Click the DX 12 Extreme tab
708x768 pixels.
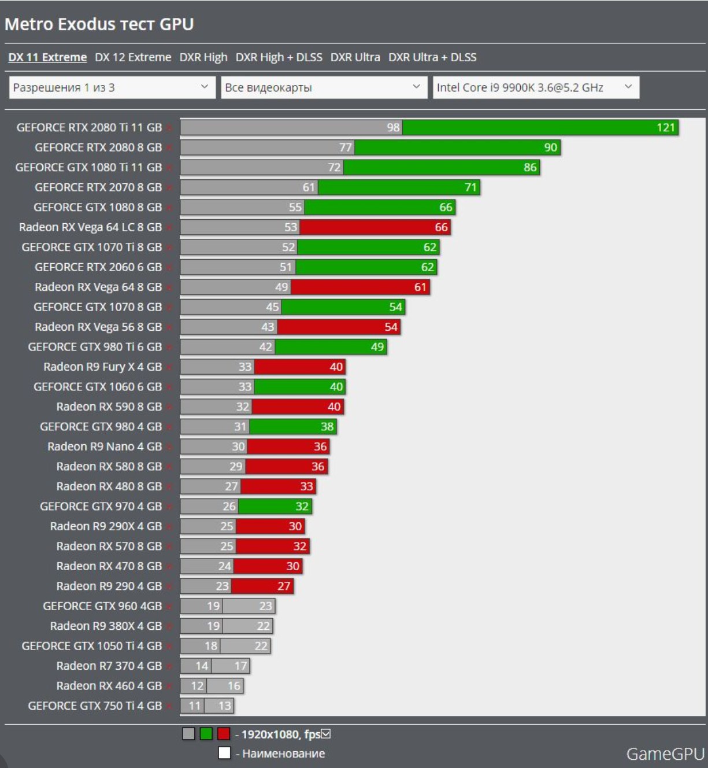point(133,57)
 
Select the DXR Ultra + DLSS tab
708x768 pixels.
point(432,57)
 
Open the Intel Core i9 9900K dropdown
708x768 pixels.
point(536,87)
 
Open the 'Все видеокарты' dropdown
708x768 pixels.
point(324,87)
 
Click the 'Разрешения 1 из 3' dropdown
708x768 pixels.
point(112,87)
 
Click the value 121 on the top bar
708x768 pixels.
point(665,127)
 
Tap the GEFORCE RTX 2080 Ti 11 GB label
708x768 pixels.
point(89,127)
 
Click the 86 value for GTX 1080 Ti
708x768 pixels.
point(530,167)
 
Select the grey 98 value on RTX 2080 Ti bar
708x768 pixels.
point(393,127)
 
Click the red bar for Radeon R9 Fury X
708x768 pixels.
point(299,367)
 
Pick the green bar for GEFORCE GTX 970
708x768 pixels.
point(275,507)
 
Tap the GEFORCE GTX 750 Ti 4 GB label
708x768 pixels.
point(95,706)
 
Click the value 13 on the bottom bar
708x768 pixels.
point(224,706)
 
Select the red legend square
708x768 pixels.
point(224,734)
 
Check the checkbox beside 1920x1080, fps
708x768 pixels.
point(326,734)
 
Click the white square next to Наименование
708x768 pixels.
point(224,753)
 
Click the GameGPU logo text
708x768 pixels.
point(665,754)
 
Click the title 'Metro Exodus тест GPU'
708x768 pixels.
point(99,24)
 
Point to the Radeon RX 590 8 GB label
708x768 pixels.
point(109,407)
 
